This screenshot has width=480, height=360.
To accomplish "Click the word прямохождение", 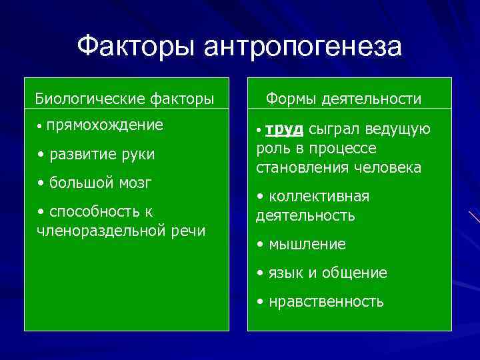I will [105, 125].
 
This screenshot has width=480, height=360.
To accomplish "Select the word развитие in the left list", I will [81, 155].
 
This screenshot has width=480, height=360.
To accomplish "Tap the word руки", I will [135, 155].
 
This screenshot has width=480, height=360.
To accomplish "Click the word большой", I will [81, 183].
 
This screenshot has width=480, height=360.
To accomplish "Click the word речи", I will [187, 231].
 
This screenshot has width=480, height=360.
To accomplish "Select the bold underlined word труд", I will [289, 129].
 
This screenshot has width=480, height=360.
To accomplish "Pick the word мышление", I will [307, 245].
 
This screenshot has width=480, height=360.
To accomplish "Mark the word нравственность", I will [326, 302].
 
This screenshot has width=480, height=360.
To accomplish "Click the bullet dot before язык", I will [261, 273].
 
